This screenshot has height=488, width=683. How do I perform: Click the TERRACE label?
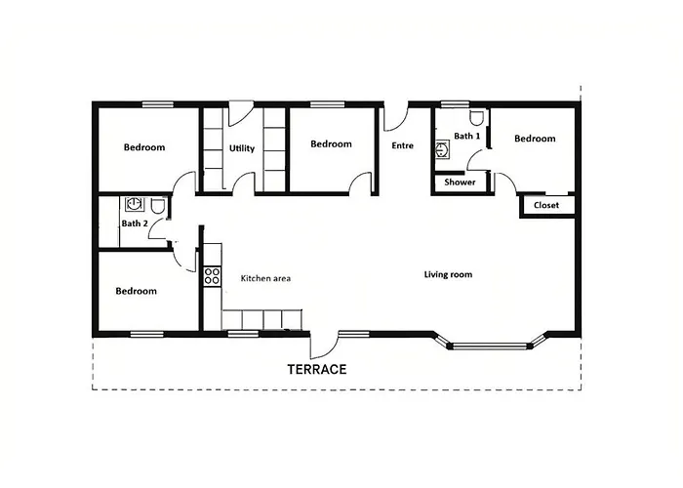(x=317, y=370)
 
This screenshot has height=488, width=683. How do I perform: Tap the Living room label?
(x=448, y=274)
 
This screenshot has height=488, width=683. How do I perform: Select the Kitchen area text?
(x=265, y=278)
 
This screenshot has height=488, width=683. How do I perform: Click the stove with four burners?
(x=212, y=276)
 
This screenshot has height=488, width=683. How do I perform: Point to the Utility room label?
(x=242, y=148)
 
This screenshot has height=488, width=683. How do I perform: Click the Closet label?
(x=546, y=205)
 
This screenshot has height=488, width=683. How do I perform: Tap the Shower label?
(x=460, y=183)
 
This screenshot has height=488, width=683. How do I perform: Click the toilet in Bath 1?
(x=477, y=117)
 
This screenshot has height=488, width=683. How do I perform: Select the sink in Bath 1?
(x=443, y=149)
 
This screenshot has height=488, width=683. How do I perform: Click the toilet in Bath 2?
(x=158, y=206)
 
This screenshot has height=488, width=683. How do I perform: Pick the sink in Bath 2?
(x=135, y=204)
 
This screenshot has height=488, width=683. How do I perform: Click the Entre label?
(x=402, y=145)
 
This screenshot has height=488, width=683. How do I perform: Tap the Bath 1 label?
(x=467, y=136)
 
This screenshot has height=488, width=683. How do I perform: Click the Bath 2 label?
(x=135, y=224)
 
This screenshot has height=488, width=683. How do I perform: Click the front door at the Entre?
(x=396, y=117)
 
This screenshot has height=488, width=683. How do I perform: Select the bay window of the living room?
(x=491, y=346)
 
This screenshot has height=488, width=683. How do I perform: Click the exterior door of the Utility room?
(x=241, y=113)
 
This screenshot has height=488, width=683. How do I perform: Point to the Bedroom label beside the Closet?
(x=535, y=139)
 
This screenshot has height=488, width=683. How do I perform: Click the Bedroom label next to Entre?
(x=331, y=143)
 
